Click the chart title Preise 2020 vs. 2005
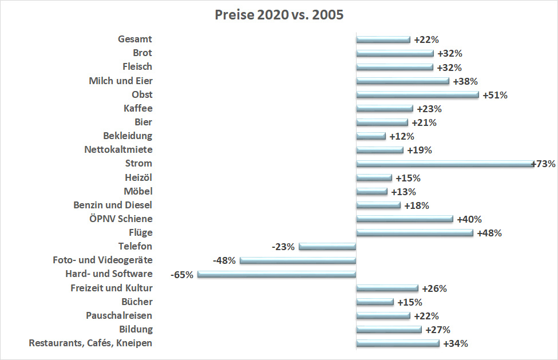coord(279,15)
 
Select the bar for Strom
coord(445,164)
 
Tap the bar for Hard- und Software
coord(276,274)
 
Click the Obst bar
coord(417,95)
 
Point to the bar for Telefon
coord(327,247)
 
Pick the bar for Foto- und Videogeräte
coord(298,260)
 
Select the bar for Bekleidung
coord(371,136)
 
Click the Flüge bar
coord(414,233)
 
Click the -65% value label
coord(182,275)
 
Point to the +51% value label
coord(495,95)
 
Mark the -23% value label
coord(283,247)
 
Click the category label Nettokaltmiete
coord(119,150)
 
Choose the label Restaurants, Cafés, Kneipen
coord(90,343)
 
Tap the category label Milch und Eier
coord(121,81)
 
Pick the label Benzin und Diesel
coord(113,205)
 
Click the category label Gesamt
coord(135,39)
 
